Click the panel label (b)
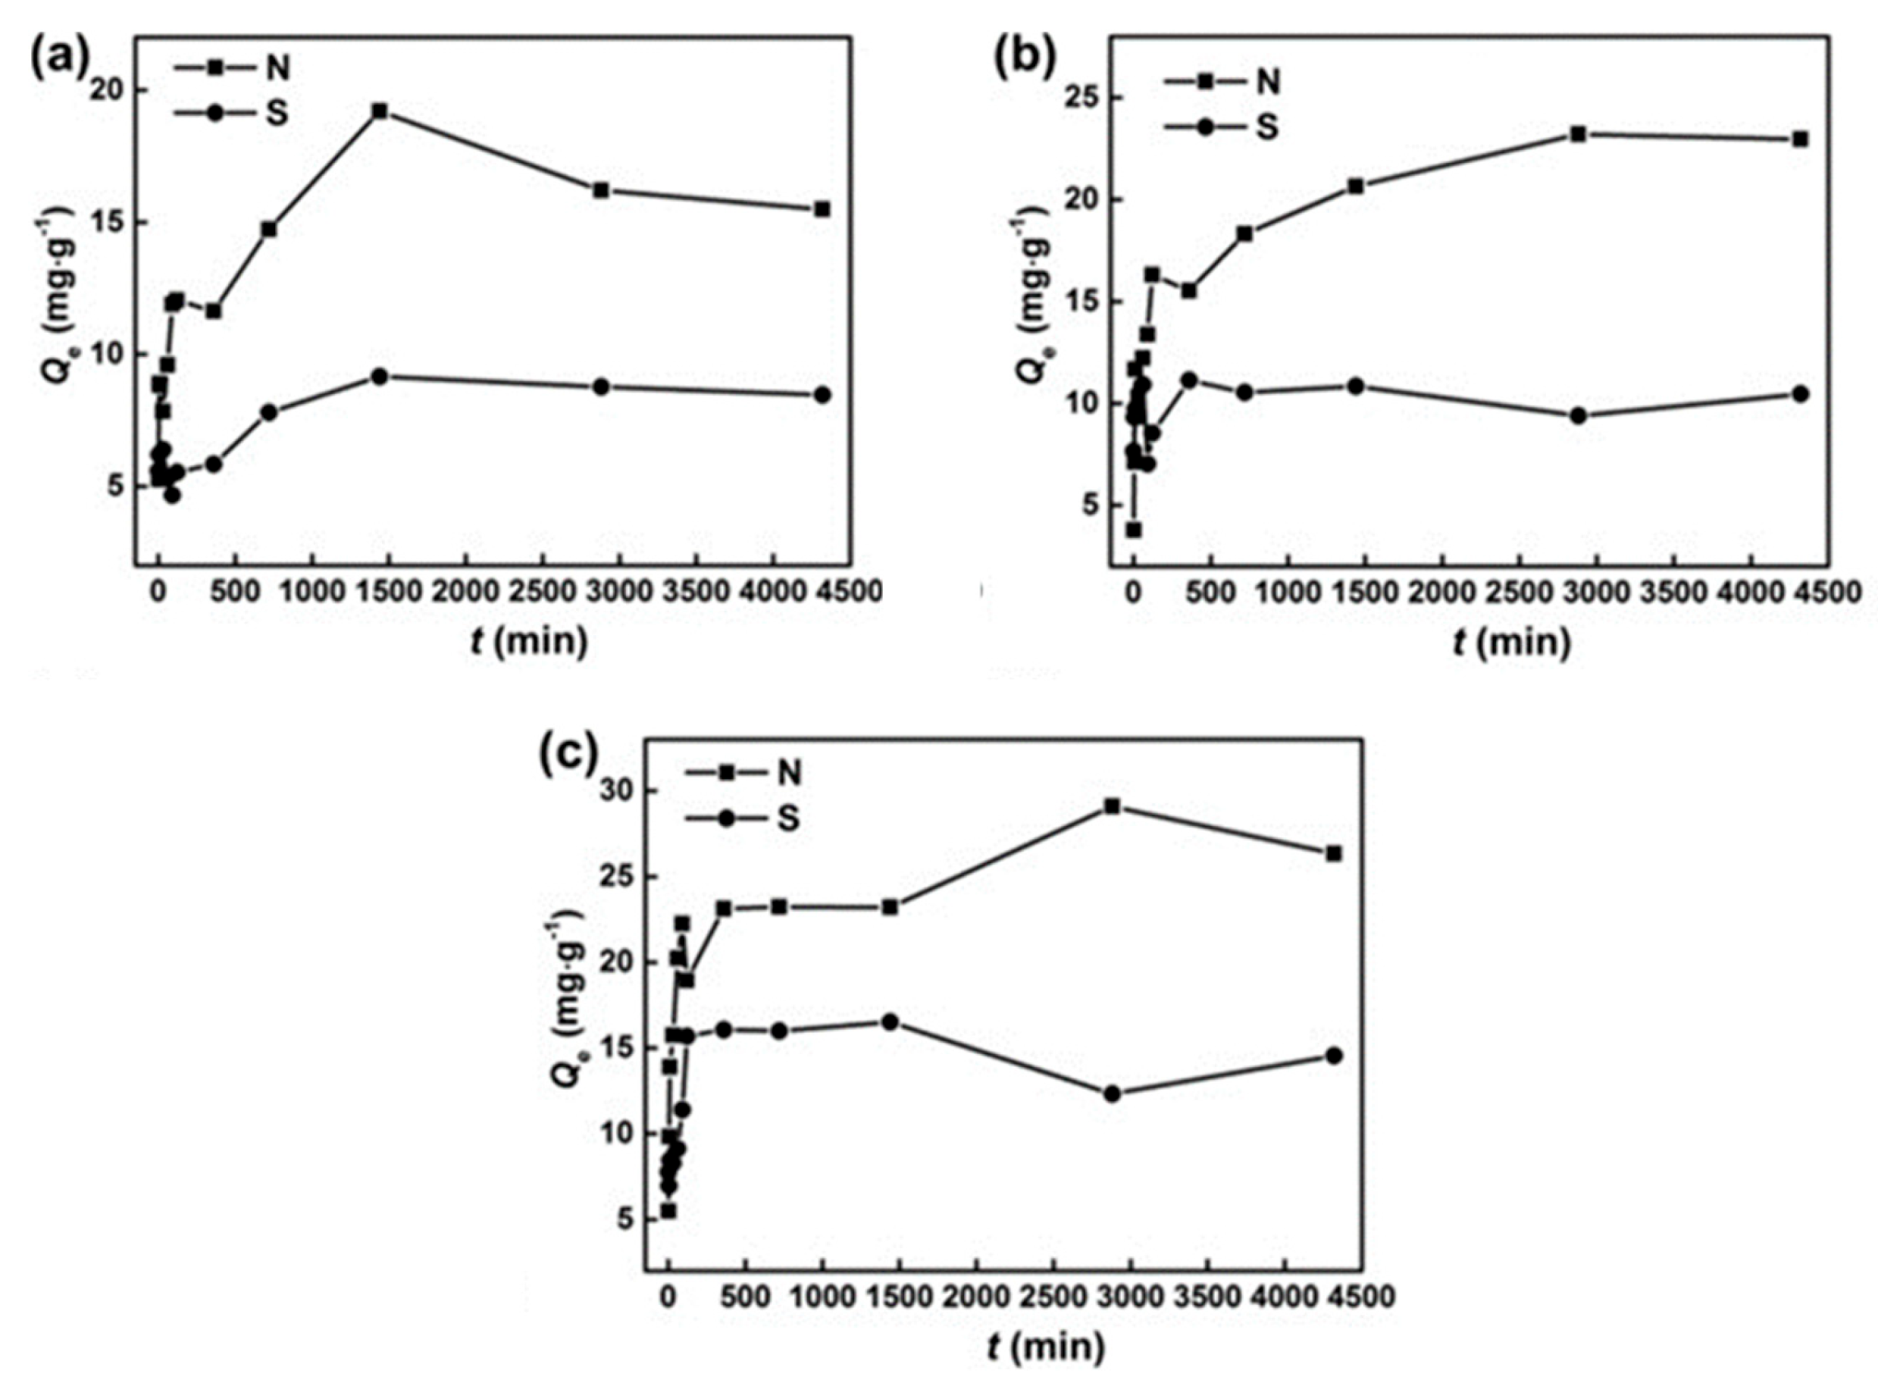pos(1022,57)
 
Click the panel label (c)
pos(568,756)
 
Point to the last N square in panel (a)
pos(822,209)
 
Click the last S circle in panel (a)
pos(822,394)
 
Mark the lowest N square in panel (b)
pos(1134,530)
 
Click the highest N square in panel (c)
pos(1112,806)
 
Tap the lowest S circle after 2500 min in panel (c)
pos(1112,1094)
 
